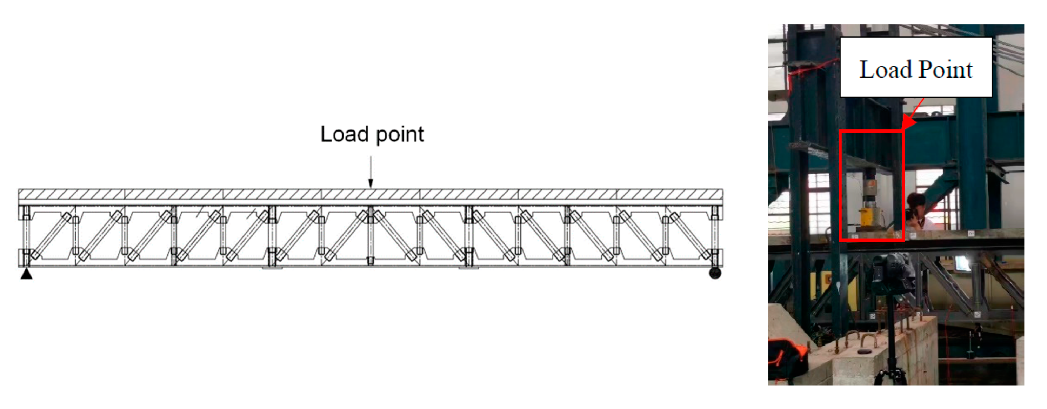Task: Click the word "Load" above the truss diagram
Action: (x=344, y=134)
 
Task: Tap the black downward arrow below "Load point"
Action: (x=370, y=175)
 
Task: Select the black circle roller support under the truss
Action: (x=715, y=273)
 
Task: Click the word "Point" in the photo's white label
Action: (x=945, y=69)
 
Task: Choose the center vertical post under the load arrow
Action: (x=370, y=236)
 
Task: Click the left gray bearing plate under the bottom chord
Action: (x=272, y=268)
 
